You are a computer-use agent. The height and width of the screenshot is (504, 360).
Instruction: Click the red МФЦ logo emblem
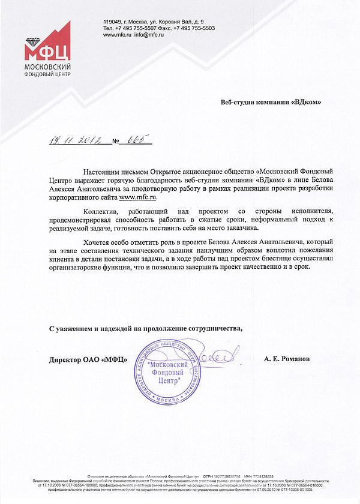click(47, 42)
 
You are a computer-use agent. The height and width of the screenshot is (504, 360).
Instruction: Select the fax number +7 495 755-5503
click(194, 28)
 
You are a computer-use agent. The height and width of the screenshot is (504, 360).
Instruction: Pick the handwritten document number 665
click(136, 140)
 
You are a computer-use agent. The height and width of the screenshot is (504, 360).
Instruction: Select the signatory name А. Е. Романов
click(287, 359)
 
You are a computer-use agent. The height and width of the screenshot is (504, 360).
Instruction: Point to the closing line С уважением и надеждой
click(146, 328)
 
